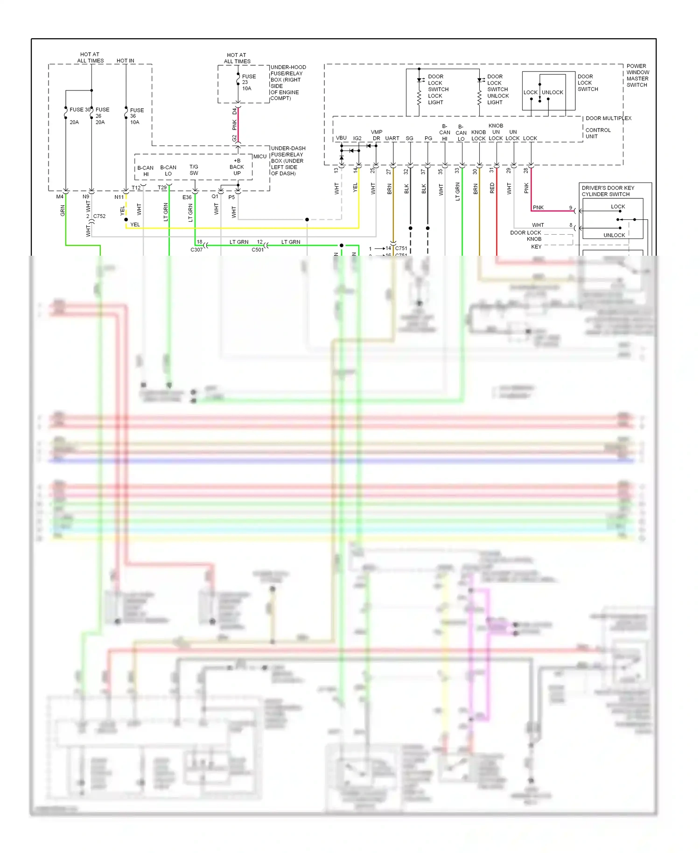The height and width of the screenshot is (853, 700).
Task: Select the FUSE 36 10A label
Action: click(x=136, y=116)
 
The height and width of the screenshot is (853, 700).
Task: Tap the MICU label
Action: click(x=260, y=156)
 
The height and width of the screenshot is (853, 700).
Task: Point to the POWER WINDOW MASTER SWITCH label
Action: click(x=637, y=76)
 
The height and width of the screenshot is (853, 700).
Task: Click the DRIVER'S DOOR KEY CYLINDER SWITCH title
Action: click(x=608, y=191)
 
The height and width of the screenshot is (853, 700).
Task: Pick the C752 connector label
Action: click(x=99, y=216)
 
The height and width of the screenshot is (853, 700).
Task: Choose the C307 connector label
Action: click(x=196, y=250)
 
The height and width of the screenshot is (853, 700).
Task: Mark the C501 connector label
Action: click(x=258, y=250)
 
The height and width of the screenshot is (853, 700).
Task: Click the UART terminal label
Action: click(x=392, y=138)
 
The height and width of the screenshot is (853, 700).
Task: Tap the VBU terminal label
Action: click(x=341, y=138)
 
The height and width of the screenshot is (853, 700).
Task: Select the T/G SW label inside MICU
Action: click(x=194, y=170)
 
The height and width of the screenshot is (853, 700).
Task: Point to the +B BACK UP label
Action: click(x=237, y=167)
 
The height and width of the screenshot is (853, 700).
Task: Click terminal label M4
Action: click(x=60, y=196)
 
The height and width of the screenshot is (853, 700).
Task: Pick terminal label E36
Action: click(x=187, y=197)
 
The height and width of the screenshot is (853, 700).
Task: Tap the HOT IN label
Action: click(x=125, y=61)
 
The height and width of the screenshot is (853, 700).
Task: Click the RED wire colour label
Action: click(x=492, y=188)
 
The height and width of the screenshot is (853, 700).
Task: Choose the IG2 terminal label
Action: click(x=357, y=138)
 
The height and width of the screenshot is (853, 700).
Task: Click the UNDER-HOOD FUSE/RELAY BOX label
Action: click(x=287, y=83)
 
